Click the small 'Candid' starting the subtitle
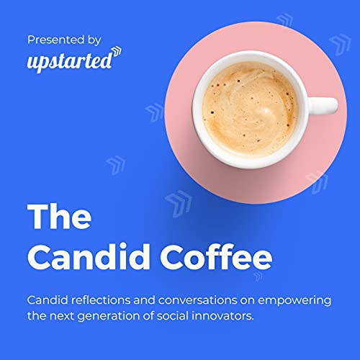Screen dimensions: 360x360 pyautogui.click(x=45, y=299)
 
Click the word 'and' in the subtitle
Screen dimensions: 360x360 pyautogui.click(x=142, y=299)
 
